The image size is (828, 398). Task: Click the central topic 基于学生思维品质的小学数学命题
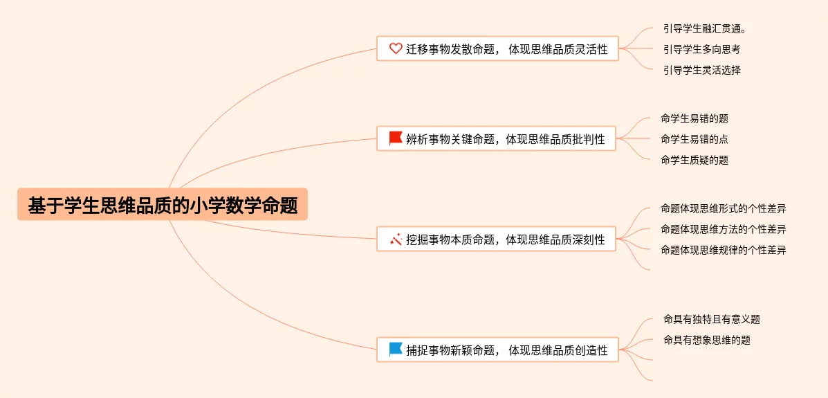[x=163, y=206]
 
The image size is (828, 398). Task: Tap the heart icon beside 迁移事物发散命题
[x=396, y=48]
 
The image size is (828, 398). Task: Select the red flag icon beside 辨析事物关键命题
[x=396, y=138]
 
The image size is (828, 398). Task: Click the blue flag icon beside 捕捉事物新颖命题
[x=396, y=350]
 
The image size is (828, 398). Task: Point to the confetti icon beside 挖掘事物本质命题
[x=396, y=239]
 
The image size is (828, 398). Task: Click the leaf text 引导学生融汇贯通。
[x=706, y=28]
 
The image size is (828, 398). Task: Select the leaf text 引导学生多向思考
[x=701, y=49]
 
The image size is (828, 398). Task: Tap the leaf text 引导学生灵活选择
[x=701, y=70]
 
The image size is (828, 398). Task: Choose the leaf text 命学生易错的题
[x=694, y=118]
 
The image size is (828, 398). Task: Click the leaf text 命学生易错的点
[x=694, y=139]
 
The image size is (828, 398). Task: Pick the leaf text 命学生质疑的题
[x=694, y=160]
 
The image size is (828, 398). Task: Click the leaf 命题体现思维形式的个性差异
[x=723, y=208]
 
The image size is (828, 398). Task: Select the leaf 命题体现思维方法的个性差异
[x=723, y=229]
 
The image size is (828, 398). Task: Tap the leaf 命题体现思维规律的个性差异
[x=723, y=250]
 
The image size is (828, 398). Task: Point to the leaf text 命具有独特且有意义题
[x=711, y=319]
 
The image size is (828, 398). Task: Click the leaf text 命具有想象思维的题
[x=706, y=340]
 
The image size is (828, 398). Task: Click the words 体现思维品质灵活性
[x=558, y=49]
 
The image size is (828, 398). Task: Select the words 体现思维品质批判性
[x=555, y=139]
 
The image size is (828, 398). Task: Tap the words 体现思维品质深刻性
[x=555, y=239]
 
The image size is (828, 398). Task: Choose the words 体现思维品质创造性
[x=558, y=350]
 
